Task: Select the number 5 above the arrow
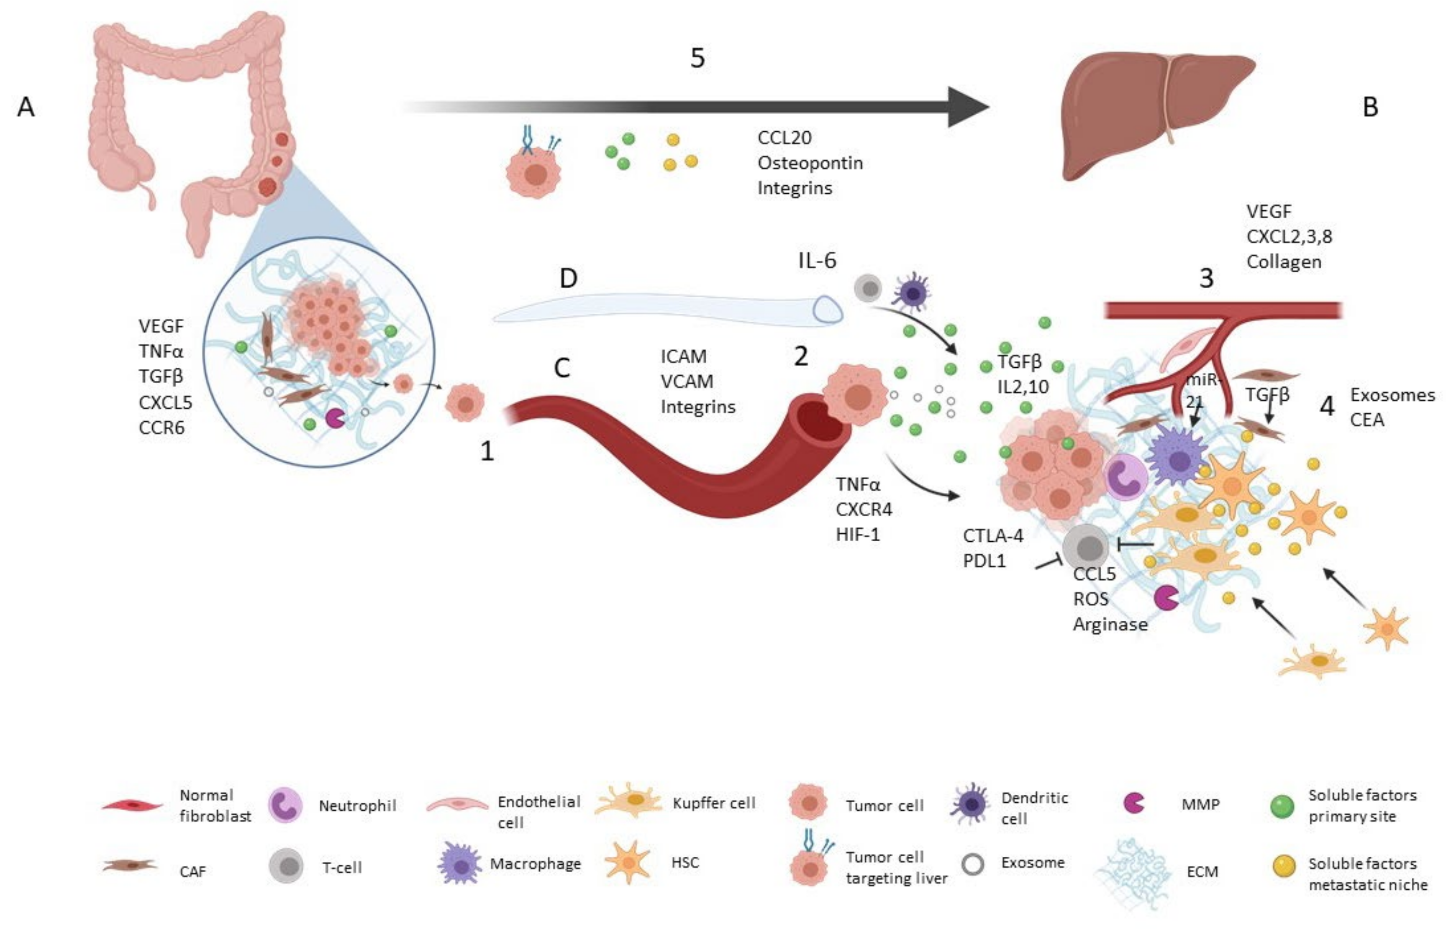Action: click(697, 58)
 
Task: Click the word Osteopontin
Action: click(810, 163)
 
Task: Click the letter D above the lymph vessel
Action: click(568, 279)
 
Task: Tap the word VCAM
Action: click(686, 381)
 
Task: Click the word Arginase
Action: click(1110, 624)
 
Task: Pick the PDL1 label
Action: click(984, 561)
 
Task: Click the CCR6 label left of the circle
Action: click(161, 428)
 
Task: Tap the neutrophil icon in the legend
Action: click(285, 805)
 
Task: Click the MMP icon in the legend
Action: click(1133, 803)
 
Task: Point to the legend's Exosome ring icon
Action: click(973, 864)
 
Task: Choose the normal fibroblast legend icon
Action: click(132, 806)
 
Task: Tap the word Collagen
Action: click(1283, 262)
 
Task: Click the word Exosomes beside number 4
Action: click(1392, 395)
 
